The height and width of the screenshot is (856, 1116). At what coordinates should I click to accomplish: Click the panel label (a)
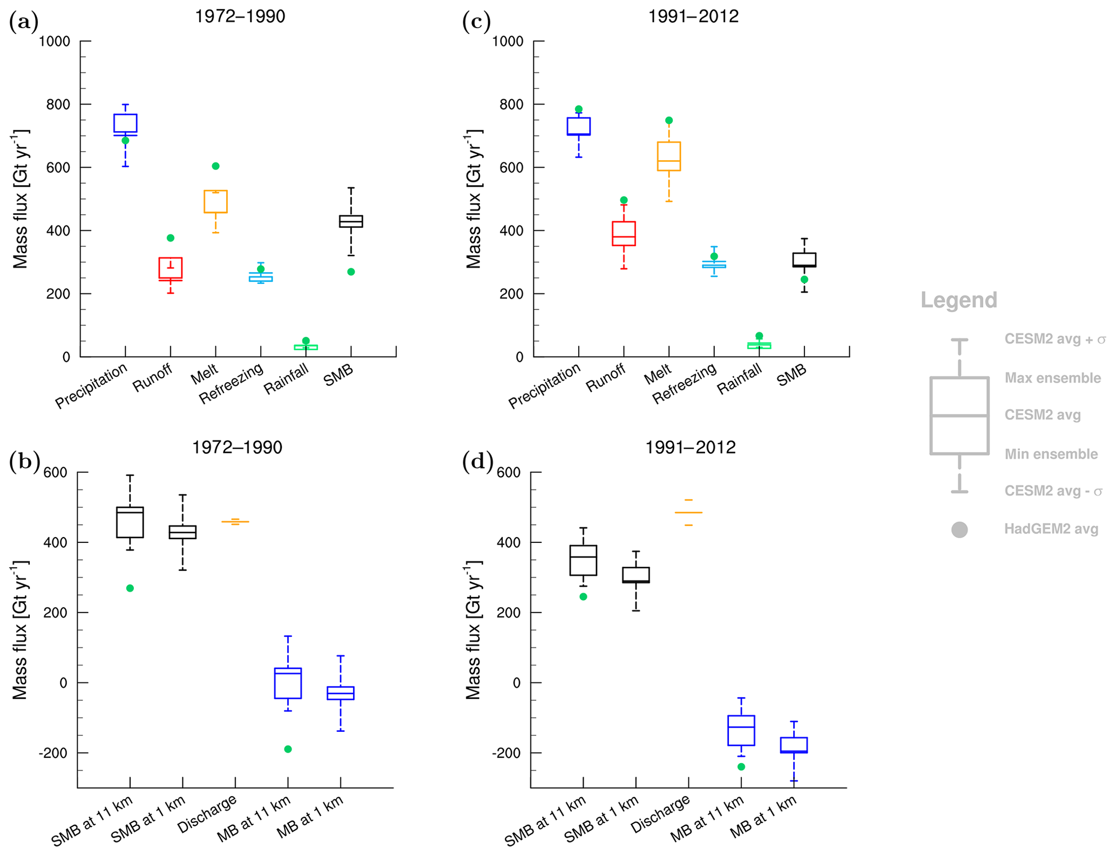coord(24,22)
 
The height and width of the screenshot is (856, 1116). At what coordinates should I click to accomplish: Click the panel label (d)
coord(477,461)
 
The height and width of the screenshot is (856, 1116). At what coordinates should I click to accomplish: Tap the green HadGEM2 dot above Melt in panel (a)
coord(215,166)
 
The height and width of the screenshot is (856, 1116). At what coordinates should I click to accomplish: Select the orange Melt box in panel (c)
coord(668,157)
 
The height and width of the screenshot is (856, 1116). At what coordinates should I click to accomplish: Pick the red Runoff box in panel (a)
coord(170,269)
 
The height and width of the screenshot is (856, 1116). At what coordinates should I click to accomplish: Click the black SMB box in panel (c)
coord(804,260)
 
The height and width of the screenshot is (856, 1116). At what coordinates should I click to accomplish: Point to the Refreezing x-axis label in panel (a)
coord(231,383)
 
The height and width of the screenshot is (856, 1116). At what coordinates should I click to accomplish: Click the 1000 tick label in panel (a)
coord(55,42)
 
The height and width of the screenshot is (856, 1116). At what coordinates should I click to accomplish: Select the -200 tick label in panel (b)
coord(52,753)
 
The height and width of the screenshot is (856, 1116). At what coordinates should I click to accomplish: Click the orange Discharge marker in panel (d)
coord(688,512)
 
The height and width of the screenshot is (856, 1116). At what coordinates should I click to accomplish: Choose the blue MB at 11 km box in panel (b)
coord(288,683)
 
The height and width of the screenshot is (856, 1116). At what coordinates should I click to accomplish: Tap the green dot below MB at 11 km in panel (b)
coord(288,749)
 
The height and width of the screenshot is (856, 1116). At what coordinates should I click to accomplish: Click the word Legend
coord(958,300)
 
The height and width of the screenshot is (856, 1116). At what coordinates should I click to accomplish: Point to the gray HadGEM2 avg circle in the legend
coord(959,529)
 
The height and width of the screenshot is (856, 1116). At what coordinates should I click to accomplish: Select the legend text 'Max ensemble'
coord(1052,378)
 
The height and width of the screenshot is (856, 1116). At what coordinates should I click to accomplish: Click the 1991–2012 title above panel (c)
coord(693,16)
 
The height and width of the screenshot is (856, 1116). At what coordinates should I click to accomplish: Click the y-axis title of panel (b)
coord(21,630)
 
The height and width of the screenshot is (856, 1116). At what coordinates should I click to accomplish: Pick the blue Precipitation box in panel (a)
coord(125,125)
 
